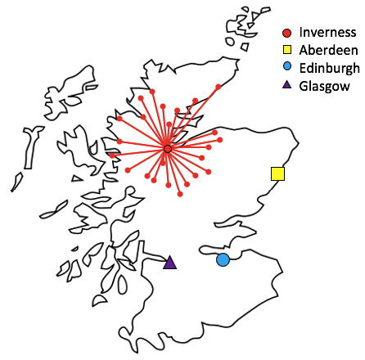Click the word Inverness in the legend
point(327,33)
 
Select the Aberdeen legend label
point(328,50)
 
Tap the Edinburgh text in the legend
point(329,67)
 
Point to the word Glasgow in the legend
point(324,84)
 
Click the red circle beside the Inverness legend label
point(286,33)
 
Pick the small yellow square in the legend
point(286,50)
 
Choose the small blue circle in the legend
point(286,67)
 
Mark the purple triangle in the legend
point(286,84)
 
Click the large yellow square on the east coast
point(277,173)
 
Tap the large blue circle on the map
point(223,260)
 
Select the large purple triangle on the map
point(169,263)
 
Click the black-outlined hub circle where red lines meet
point(167,149)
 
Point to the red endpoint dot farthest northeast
point(218,86)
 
